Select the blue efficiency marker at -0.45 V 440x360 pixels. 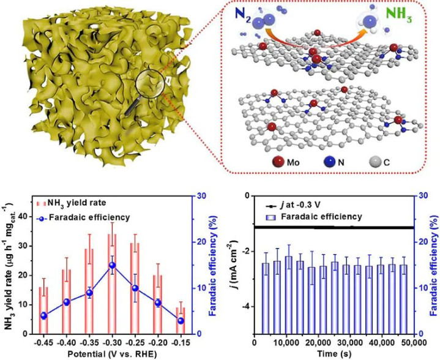pos(43,315)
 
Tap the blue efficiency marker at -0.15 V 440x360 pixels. pos(181,321)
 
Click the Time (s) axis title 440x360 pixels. pos(334,354)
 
